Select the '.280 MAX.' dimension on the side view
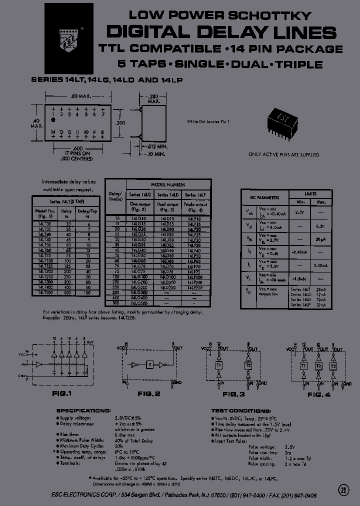tap(153, 98)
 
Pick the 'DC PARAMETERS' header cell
tap(265, 197)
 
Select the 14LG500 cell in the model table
tap(138, 302)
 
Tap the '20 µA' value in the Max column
tap(320, 239)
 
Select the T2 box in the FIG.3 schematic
tap(248, 365)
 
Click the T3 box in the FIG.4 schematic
tap(332, 365)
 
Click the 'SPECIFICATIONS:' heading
tap(83, 410)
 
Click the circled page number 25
tap(343, 489)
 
